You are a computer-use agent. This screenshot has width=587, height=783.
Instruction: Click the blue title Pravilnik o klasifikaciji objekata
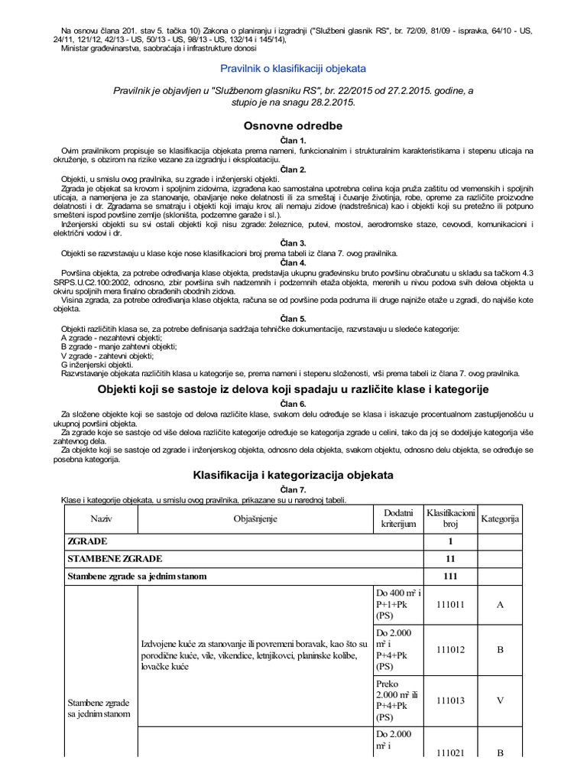click(293, 69)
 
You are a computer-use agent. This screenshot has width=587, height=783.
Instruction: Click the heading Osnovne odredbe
click(293, 125)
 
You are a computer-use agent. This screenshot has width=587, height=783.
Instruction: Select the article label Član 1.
click(293, 141)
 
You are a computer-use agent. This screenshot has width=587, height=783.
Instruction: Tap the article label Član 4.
click(293, 262)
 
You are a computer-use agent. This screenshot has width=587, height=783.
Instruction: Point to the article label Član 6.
click(293, 403)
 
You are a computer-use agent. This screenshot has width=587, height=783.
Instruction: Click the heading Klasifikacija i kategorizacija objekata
click(293, 475)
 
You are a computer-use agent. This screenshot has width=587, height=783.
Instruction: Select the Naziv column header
click(100, 518)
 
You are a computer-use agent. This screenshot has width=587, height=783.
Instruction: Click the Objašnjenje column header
click(255, 518)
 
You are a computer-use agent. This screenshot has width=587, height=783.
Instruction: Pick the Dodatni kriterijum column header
click(397, 518)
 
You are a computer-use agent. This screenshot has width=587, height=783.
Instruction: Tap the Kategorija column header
click(500, 518)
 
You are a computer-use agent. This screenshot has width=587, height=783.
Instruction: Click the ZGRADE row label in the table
click(88, 541)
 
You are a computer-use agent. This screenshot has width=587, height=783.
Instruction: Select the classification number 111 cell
click(450, 575)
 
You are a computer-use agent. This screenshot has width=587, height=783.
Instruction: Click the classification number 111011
click(450, 604)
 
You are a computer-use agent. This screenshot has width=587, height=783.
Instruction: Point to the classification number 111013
click(450, 699)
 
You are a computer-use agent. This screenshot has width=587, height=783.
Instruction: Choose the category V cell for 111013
click(500, 699)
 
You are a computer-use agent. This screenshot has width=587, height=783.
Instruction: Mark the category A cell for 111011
click(500, 604)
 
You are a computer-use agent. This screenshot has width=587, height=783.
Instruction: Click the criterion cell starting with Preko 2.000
click(397, 699)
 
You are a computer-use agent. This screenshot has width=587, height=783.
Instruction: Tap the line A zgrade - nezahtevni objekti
click(111, 337)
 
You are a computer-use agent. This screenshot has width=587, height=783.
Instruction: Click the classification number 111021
click(450, 753)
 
